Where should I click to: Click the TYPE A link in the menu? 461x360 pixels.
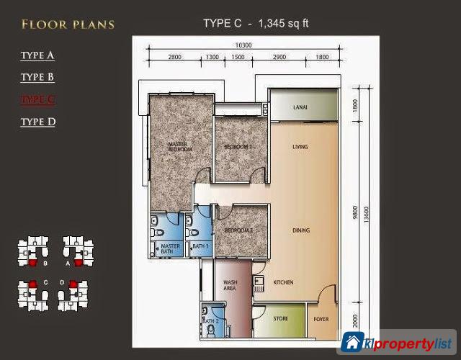coord(37,55)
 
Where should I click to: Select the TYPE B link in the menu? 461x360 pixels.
coord(37,77)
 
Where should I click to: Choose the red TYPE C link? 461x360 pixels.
coord(37,99)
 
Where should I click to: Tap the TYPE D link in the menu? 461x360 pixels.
coord(37,122)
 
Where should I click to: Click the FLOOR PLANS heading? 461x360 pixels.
coord(68,24)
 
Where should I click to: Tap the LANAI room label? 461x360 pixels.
coord(300,107)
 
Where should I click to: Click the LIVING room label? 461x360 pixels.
coord(300,147)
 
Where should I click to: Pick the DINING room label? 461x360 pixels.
coord(301,230)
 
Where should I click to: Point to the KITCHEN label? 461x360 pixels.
coord(283,283)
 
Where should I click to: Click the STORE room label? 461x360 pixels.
coord(280,317)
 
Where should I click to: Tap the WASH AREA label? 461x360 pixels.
coord(231,286)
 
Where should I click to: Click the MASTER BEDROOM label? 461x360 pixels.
coord(178,147)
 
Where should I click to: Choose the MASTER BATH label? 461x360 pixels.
coord(170,248)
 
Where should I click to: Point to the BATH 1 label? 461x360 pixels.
coord(200,246)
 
